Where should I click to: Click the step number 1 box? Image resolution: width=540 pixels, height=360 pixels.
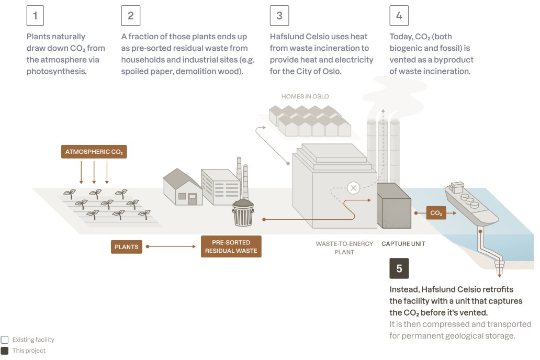click(x=35, y=16)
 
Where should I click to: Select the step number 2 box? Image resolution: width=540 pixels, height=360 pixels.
click(x=130, y=16)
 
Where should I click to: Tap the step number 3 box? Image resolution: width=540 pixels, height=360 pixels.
click(x=279, y=16)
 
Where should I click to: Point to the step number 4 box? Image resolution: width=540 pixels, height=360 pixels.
click(x=399, y=16)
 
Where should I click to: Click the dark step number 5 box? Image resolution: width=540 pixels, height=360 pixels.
click(x=399, y=269)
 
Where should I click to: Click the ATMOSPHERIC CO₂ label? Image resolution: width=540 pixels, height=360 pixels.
click(x=94, y=152)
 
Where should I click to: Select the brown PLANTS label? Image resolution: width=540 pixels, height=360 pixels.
click(x=127, y=246)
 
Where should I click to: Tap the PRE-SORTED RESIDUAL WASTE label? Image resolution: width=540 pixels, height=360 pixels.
click(x=231, y=246)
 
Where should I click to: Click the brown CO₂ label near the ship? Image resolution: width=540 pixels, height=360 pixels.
click(x=436, y=213)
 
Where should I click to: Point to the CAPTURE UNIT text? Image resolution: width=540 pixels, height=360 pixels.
click(x=403, y=244)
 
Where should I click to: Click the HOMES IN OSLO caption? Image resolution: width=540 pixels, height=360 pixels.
click(x=305, y=96)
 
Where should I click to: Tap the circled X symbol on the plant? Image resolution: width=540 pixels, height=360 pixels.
click(x=354, y=188)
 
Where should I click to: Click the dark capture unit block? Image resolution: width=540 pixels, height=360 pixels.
click(x=393, y=206)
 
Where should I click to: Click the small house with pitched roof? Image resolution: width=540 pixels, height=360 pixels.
click(x=183, y=188)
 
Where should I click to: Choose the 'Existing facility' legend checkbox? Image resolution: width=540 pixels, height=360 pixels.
click(x=5, y=340)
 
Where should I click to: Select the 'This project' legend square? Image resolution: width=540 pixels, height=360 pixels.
click(x=5, y=351)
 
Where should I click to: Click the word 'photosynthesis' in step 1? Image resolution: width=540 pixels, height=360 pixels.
click(x=57, y=71)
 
